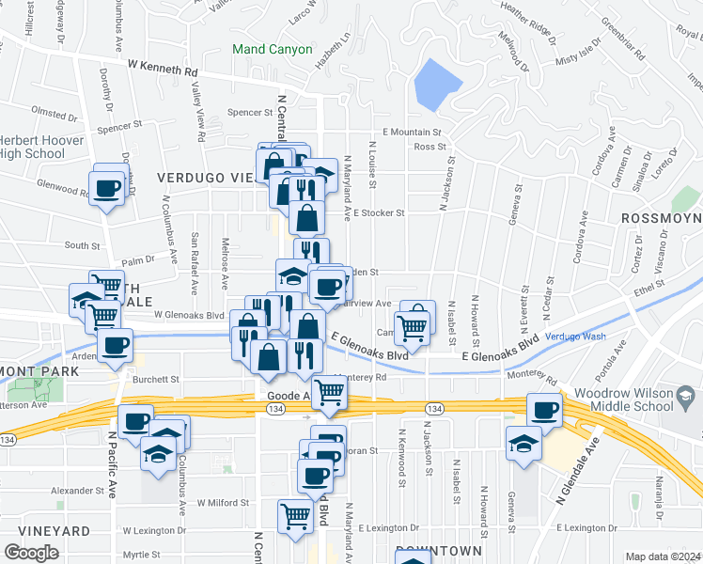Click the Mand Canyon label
pos(272,49)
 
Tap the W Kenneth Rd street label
pos(164,70)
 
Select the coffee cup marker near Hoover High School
pos(107,186)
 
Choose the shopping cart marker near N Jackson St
pos(414,326)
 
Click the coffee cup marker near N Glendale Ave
pos(544,410)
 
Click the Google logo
pos(32,553)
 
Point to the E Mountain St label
pos(412,133)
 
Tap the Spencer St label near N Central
pos(250,113)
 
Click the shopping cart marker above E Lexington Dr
pos(295,516)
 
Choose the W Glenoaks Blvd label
pos(190,316)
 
